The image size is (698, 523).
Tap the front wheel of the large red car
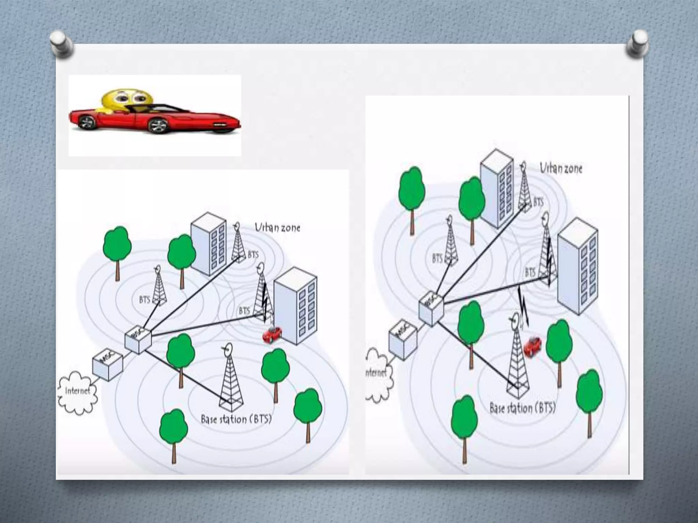click(x=158, y=125)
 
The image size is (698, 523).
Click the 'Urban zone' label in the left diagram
click(x=277, y=227)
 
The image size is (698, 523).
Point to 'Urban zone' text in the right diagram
click(x=561, y=168)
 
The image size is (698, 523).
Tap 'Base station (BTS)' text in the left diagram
click(x=236, y=419)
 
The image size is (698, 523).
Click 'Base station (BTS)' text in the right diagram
click(x=522, y=408)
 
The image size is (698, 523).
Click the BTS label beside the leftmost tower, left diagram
click(x=145, y=300)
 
